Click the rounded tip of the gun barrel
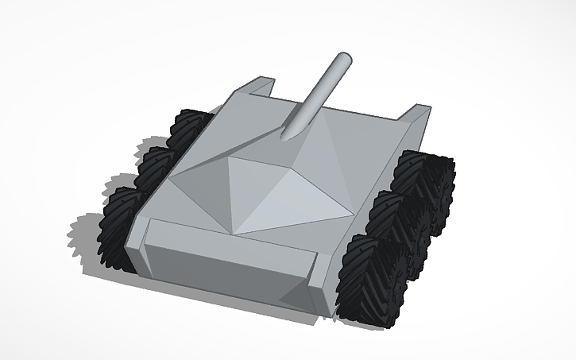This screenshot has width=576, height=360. (x=344, y=59)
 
